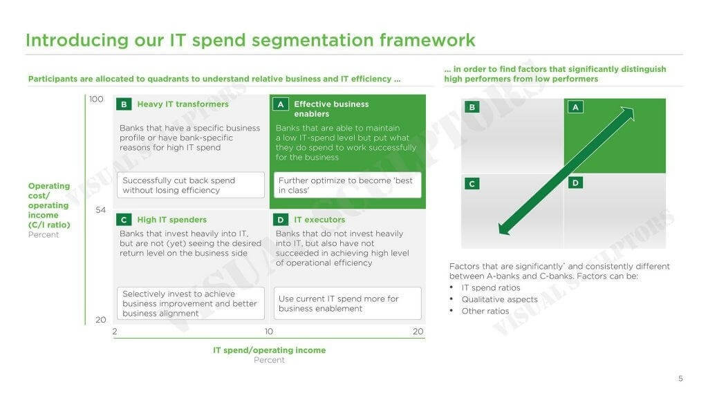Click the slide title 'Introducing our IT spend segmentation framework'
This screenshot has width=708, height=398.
[x=250, y=40]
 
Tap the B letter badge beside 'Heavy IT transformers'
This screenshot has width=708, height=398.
[x=124, y=104]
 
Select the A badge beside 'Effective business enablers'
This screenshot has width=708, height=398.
[x=281, y=104]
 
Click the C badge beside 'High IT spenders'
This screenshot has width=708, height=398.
[x=124, y=220]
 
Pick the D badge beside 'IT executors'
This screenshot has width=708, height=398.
[x=281, y=220]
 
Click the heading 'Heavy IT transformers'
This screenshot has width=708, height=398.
[x=183, y=104]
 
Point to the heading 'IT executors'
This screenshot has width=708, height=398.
[x=319, y=220]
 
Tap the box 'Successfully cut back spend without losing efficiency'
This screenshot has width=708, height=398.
[x=191, y=185]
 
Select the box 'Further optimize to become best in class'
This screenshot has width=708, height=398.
[x=348, y=185]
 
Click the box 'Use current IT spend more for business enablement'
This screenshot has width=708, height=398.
[x=348, y=303]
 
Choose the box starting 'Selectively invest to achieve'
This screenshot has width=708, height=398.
[x=191, y=303]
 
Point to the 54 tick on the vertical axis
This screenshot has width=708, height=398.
[x=101, y=210]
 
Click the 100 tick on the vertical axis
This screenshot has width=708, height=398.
[x=96, y=99]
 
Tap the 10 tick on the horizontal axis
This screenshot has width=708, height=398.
[x=269, y=331]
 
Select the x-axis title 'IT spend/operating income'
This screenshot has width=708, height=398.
[x=269, y=350]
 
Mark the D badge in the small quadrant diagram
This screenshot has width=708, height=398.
[x=575, y=182]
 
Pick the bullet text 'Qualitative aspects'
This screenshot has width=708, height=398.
[x=499, y=299]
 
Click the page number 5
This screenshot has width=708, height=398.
[x=680, y=379]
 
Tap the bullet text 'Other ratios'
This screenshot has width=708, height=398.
[x=485, y=311]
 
